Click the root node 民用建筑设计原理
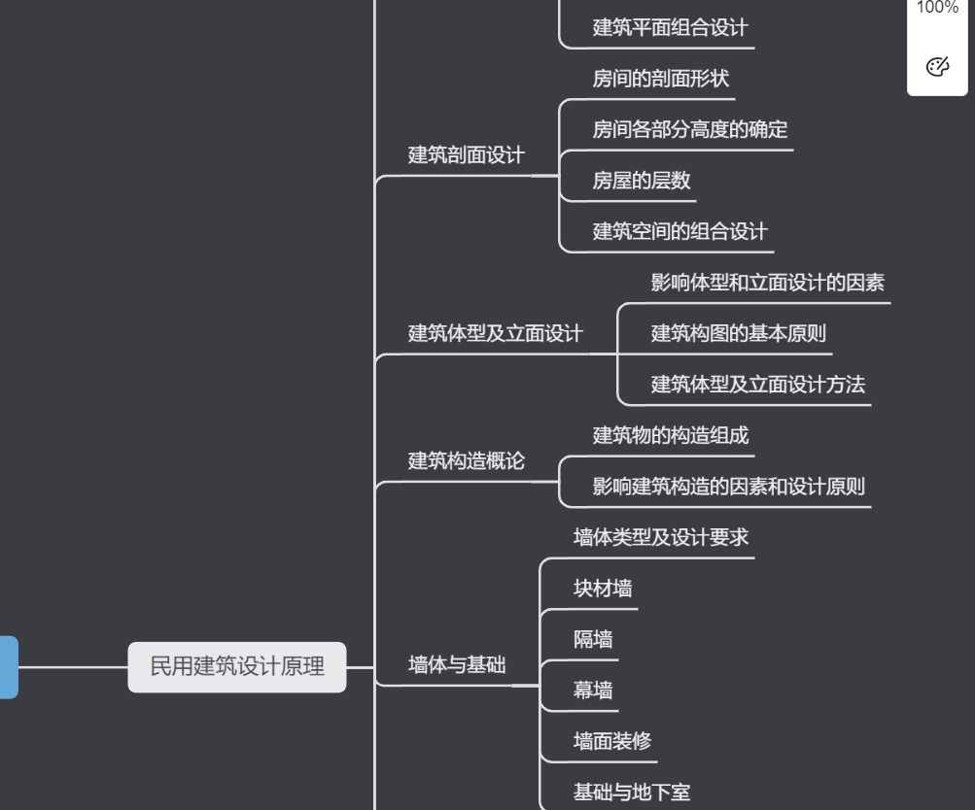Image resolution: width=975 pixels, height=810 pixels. click(x=237, y=667)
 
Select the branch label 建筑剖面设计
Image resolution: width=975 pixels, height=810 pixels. click(x=466, y=155)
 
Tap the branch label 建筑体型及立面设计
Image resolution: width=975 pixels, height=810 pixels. click(x=495, y=334)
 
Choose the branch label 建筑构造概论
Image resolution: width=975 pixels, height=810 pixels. click(x=466, y=461)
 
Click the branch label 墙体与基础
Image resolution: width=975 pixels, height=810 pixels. click(x=456, y=665)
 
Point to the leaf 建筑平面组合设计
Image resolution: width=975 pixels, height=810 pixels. click(x=671, y=27)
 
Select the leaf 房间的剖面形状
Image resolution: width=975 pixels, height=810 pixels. click(x=660, y=79)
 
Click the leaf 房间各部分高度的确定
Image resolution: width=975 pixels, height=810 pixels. click(x=690, y=129)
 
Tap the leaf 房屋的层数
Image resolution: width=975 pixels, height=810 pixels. click(x=642, y=181)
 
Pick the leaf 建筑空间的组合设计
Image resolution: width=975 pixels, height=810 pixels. click(x=679, y=231)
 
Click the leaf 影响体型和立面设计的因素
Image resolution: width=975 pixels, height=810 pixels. click(x=767, y=283)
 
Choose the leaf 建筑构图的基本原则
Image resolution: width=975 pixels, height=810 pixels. click(x=738, y=334)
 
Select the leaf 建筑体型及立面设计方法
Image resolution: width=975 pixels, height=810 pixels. click(x=757, y=385)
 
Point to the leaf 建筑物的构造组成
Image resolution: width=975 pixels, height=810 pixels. click(x=671, y=435)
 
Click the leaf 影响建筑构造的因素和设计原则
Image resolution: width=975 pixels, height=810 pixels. click(x=728, y=487)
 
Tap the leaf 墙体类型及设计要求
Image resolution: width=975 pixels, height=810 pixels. click(x=661, y=537)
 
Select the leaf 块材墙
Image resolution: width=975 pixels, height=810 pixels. click(x=603, y=589)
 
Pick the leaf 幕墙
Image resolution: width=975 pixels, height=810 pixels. click(x=593, y=691)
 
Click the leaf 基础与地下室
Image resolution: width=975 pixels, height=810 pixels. click(x=632, y=793)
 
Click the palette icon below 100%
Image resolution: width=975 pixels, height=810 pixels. click(x=937, y=67)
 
